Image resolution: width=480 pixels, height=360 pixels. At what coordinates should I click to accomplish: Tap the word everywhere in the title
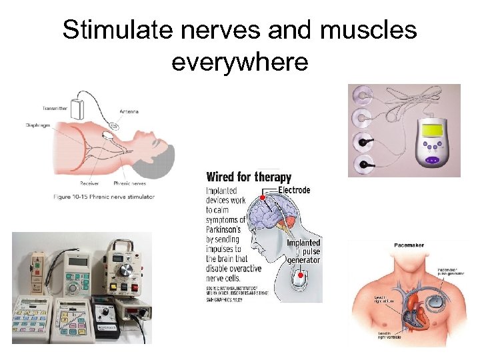pyautogui.click(x=239, y=61)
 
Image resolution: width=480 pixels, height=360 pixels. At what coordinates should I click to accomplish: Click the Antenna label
pyautogui.click(x=129, y=111)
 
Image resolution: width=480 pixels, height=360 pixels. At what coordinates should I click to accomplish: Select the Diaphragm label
pyautogui.click(x=38, y=125)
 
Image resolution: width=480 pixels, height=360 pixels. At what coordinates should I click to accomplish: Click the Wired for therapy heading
pyautogui.click(x=249, y=177)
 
